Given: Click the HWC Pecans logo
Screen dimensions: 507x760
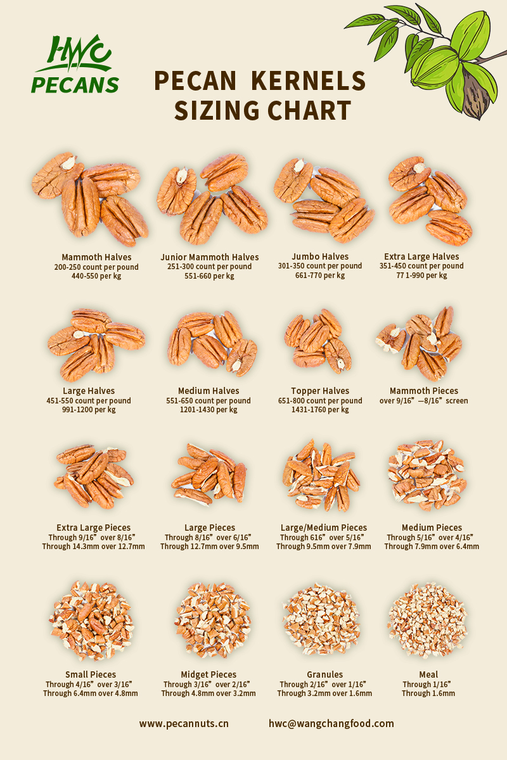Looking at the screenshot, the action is tap(75, 64).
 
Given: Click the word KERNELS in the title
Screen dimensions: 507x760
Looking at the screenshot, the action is tap(309, 81).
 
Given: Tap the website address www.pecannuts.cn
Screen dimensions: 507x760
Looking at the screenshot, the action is tap(184, 723).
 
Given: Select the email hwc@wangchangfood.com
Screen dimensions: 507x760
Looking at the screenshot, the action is tap(331, 723).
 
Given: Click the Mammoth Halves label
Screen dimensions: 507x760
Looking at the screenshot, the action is tap(96, 257).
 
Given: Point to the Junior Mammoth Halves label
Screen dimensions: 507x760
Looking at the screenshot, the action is tap(210, 257).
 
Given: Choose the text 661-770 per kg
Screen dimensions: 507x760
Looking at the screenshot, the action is tap(320, 275).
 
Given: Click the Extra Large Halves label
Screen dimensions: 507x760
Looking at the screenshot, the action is tap(421, 256).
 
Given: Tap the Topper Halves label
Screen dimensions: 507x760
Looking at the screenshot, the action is tap(320, 391).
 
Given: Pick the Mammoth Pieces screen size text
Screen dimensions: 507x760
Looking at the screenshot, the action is tap(423, 401).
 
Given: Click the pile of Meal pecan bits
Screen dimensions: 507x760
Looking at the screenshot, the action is tap(427, 620).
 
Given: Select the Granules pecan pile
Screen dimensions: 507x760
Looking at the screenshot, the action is tap(321, 619).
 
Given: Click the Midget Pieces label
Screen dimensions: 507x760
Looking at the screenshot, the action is tap(209, 674).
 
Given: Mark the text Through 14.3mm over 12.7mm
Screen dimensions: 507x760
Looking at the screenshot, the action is tap(93, 547).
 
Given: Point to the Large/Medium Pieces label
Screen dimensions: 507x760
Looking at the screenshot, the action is tap(324, 528).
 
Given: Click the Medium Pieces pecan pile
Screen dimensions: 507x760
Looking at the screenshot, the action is tap(427, 475).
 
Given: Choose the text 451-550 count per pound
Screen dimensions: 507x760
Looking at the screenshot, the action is tap(89, 401).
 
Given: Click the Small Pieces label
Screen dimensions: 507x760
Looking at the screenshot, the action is tap(91, 674).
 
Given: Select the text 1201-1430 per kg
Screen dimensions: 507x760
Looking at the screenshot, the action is tap(209, 410).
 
